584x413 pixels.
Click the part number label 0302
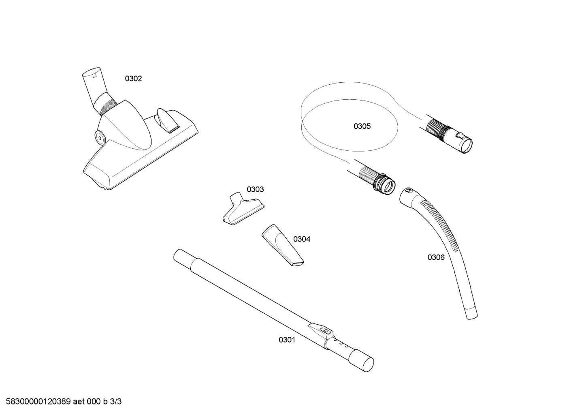pyautogui.click(x=133, y=79)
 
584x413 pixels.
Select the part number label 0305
pyautogui.click(x=362, y=126)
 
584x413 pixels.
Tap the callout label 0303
pyautogui.click(x=255, y=189)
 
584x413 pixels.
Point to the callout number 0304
pyautogui.click(x=302, y=239)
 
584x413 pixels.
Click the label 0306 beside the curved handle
pyautogui.click(x=436, y=257)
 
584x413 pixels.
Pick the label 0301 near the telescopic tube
pyautogui.click(x=287, y=340)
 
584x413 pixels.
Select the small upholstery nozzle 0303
pyautogui.click(x=243, y=208)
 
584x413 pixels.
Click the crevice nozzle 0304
pyautogui.click(x=283, y=246)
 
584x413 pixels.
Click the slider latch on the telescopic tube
pyautogui.click(x=321, y=332)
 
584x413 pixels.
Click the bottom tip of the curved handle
pyautogui.click(x=472, y=317)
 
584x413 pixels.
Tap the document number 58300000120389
pyautogui.click(x=38, y=402)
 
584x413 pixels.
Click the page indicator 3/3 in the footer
pyautogui.click(x=116, y=402)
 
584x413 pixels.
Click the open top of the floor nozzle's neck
pyautogui.click(x=91, y=71)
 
